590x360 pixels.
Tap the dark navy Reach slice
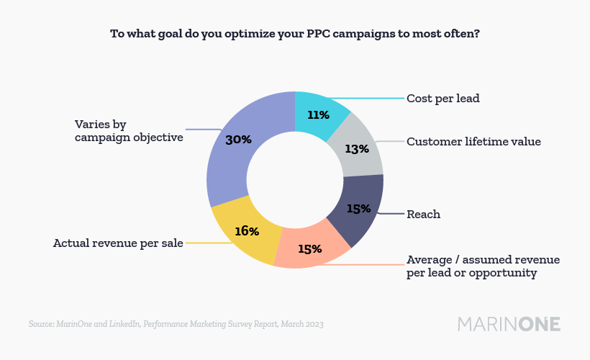pyautogui.click(x=358, y=210)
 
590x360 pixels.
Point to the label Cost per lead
pyautogui.click(x=442, y=98)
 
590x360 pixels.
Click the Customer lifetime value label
pyautogui.click(x=473, y=141)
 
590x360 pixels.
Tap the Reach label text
pyautogui.click(x=423, y=214)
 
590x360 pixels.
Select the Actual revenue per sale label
pyautogui.click(x=118, y=243)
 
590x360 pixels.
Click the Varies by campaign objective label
pyautogui.click(x=129, y=130)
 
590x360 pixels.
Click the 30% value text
pyautogui.click(x=239, y=140)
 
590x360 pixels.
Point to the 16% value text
pyautogui.click(x=246, y=231)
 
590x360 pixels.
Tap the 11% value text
pyautogui.click(x=318, y=115)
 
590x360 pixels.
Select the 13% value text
pyautogui.click(x=357, y=149)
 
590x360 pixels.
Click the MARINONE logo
pyautogui.click(x=509, y=324)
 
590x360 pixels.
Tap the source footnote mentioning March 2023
pyautogui.click(x=176, y=325)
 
